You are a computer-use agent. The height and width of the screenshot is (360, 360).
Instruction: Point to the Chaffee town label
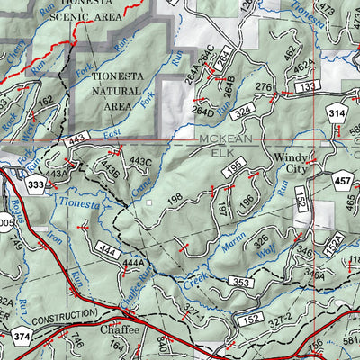coord(120,331)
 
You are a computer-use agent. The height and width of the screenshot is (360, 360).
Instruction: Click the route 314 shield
coord(336,114)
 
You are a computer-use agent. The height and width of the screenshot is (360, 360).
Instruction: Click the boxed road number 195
coord(234,172)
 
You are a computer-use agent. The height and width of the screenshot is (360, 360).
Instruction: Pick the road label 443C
coord(139,162)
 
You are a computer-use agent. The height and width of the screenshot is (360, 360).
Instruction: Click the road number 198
coord(174,197)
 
